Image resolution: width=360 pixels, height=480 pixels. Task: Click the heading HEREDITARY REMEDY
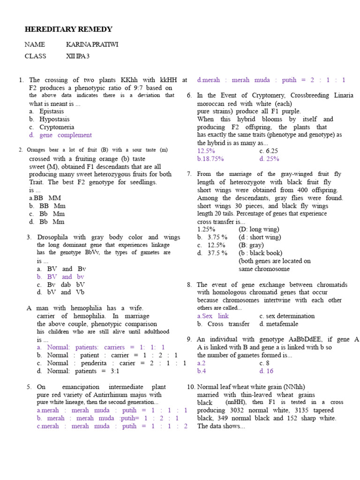coord(68,30)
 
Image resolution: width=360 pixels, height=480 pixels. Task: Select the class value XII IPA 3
coord(78,56)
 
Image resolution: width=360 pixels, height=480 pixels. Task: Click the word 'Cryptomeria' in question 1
coord(57,127)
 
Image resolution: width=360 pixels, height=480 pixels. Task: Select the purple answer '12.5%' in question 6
coord(206,151)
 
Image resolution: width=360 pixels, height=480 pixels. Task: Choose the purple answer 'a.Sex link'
coord(213,316)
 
